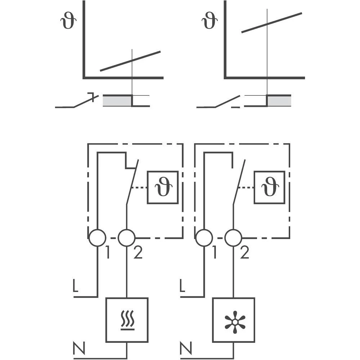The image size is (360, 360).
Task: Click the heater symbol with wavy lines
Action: point(127,320)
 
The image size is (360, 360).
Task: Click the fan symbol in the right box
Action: point(234,320)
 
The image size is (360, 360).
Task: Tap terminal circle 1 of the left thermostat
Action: point(98,238)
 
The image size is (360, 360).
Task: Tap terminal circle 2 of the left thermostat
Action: point(127,238)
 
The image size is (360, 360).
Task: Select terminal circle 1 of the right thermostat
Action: point(204,238)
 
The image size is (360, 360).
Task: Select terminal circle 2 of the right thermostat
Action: point(233,238)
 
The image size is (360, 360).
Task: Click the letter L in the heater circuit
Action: point(75,285)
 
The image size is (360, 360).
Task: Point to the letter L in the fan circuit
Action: point(182,285)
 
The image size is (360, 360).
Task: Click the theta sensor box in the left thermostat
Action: point(163,188)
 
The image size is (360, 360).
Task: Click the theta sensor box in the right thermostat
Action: point(269,188)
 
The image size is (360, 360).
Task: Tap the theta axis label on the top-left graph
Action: point(68,21)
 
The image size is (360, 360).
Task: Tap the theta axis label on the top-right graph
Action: point(210,21)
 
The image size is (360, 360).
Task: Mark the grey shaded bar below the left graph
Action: point(117,101)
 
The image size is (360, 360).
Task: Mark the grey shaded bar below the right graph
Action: point(279,101)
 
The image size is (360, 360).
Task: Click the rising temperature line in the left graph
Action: point(130,61)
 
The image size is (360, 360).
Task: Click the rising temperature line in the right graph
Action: point(271,22)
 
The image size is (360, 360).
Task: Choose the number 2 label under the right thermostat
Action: point(245,254)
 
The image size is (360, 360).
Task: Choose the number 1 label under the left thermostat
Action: point(108,254)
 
